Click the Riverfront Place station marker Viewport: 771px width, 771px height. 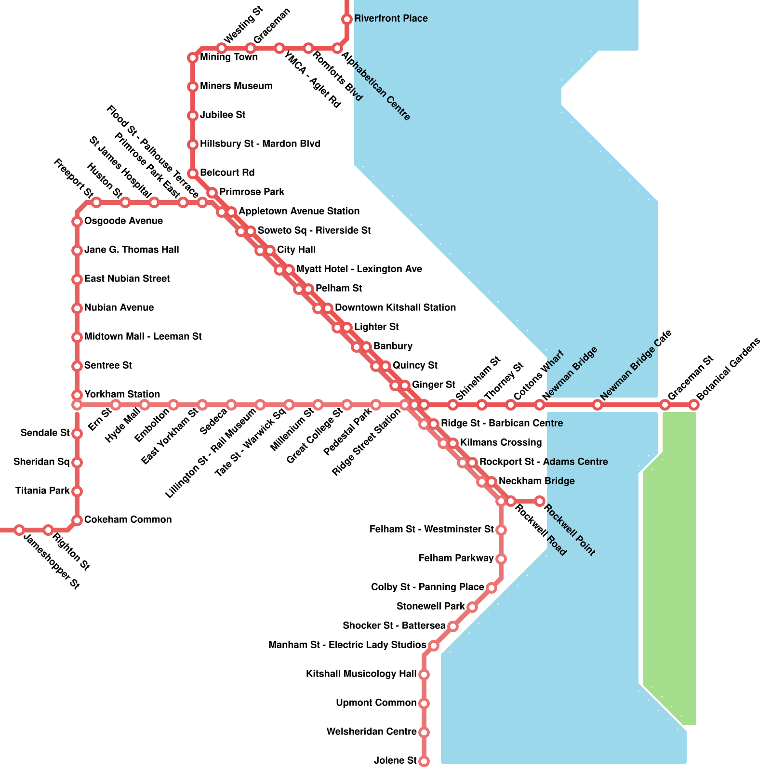(347, 19)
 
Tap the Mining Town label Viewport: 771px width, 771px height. (229, 57)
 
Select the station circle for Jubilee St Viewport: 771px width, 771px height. (193, 116)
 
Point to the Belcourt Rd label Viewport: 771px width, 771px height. (227, 173)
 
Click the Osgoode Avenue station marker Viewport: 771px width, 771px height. (77, 222)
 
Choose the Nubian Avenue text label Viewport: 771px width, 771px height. (119, 308)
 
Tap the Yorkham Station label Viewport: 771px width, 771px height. (122, 395)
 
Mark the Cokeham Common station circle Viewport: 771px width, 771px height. (77, 520)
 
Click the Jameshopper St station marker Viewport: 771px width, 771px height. (19, 530)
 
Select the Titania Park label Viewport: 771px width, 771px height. (42, 491)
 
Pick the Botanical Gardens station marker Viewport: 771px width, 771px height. (694, 405)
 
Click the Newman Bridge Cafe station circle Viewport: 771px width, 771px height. (598, 405)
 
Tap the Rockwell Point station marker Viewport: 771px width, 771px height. (540, 501)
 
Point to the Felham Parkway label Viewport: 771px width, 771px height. (456, 558)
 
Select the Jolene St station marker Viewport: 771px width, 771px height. (424, 761)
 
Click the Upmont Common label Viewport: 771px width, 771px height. (376, 703)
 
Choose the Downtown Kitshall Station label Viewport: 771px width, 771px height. (395, 308)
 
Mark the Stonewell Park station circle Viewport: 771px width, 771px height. (472, 607)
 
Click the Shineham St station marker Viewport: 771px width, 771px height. (453, 405)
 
